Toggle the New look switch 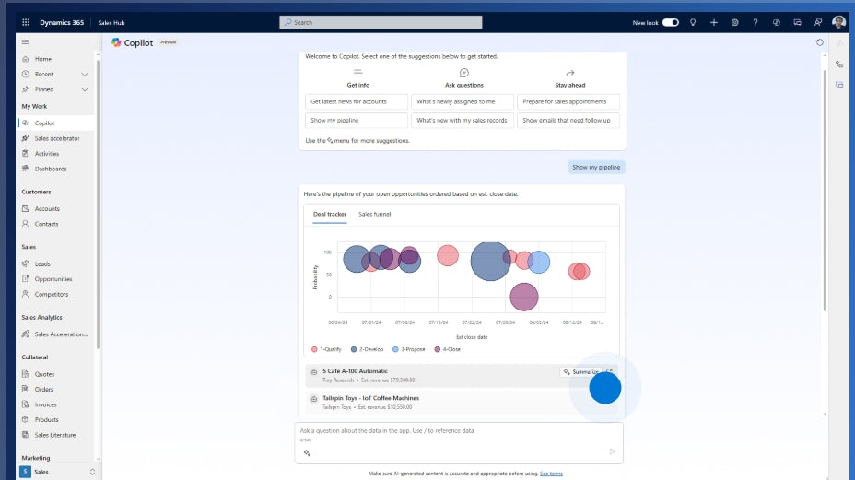(670, 22)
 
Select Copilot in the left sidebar (44, 123)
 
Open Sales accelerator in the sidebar (57, 138)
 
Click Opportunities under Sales (53, 279)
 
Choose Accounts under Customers (47, 209)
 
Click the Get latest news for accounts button (356, 101)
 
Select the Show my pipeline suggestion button (356, 120)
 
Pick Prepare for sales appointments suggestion (568, 101)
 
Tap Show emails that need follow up (568, 120)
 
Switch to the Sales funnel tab (374, 214)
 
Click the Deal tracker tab (330, 214)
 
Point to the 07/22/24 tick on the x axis (471, 322)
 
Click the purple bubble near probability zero (523, 297)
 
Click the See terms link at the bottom (551, 474)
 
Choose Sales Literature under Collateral (55, 435)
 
